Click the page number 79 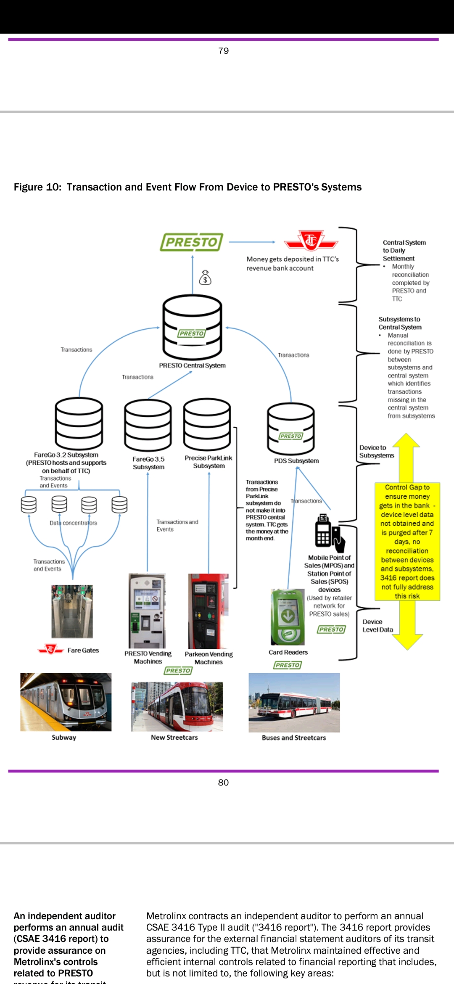click(x=224, y=51)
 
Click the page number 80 click(x=223, y=782)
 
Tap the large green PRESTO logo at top click(x=192, y=242)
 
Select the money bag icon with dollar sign click(x=205, y=278)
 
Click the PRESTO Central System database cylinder click(x=192, y=326)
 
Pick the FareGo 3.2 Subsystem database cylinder click(x=79, y=423)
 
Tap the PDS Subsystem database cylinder click(x=291, y=429)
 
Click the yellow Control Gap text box click(x=407, y=542)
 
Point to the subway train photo click(x=66, y=702)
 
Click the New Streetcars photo click(x=177, y=706)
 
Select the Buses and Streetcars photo click(x=294, y=702)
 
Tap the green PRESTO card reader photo click(x=288, y=617)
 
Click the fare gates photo click(x=72, y=611)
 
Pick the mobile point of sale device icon click(x=330, y=533)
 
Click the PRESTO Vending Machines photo click(x=147, y=611)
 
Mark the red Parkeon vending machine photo click(x=208, y=611)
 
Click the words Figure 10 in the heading click(x=38, y=187)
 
